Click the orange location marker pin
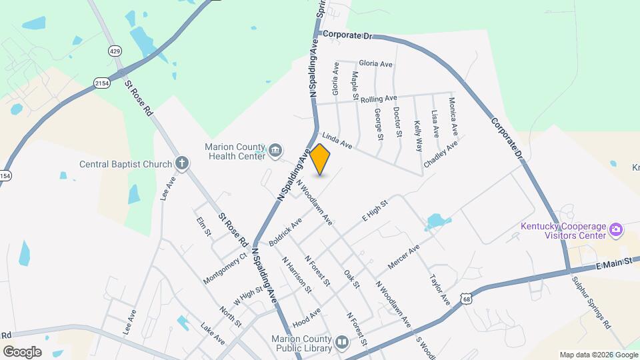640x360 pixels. [x=320, y=159]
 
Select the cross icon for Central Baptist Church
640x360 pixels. [x=182, y=163]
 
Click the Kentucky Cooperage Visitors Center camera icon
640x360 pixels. [x=616, y=230]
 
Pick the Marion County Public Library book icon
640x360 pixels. [x=341, y=343]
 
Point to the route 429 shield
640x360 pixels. [x=114, y=50]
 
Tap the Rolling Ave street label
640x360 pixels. [x=378, y=99]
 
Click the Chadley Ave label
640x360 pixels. [x=441, y=154]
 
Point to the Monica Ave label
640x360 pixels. [x=453, y=114]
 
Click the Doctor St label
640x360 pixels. [x=397, y=122]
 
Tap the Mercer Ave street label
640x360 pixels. [x=403, y=258]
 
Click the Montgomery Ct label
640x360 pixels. [x=225, y=268]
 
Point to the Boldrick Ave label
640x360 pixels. [x=285, y=231]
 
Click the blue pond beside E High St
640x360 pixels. [x=436, y=221]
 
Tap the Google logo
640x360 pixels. [x=22, y=351]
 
